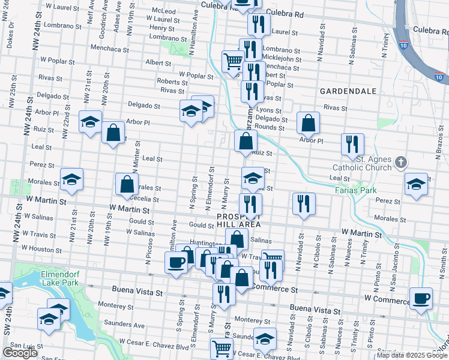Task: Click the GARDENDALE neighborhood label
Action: click(348, 91)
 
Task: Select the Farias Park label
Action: click(351, 190)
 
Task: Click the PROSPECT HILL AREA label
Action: click(239, 220)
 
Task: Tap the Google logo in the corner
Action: click(20, 353)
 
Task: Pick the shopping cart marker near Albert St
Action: click(232, 60)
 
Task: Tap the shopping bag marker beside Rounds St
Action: click(308, 123)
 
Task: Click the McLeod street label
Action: click(164, 11)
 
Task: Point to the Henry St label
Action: click(161, 28)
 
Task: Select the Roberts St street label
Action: click(169, 81)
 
